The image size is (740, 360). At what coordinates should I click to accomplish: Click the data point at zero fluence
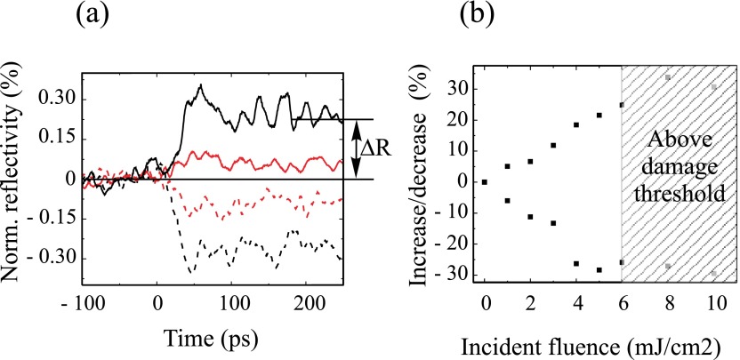(x=485, y=182)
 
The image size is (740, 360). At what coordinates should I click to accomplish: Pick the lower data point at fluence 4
(x=576, y=264)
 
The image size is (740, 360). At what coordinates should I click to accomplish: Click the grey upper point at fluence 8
(x=668, y=77)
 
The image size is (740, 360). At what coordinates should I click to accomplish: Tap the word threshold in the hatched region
(x=678, y=190)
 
